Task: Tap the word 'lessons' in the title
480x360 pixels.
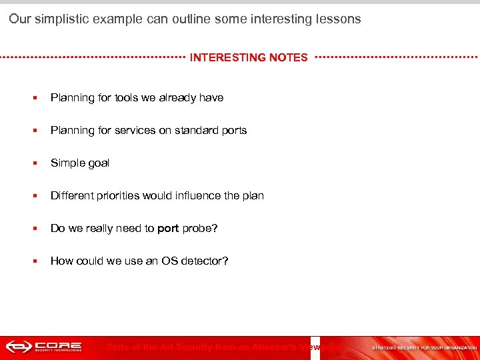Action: tap(338, 19)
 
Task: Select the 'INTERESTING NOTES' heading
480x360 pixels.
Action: tap(249, 58)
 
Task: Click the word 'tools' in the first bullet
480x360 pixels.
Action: tap(126, 98)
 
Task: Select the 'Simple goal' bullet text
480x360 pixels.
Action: tap(80, 163)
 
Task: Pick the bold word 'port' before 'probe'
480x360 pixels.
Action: tap(168, 229)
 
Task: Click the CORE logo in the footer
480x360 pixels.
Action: tap(44, 347)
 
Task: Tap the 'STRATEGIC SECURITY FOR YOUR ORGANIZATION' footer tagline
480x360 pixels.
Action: tap(424, 348)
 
